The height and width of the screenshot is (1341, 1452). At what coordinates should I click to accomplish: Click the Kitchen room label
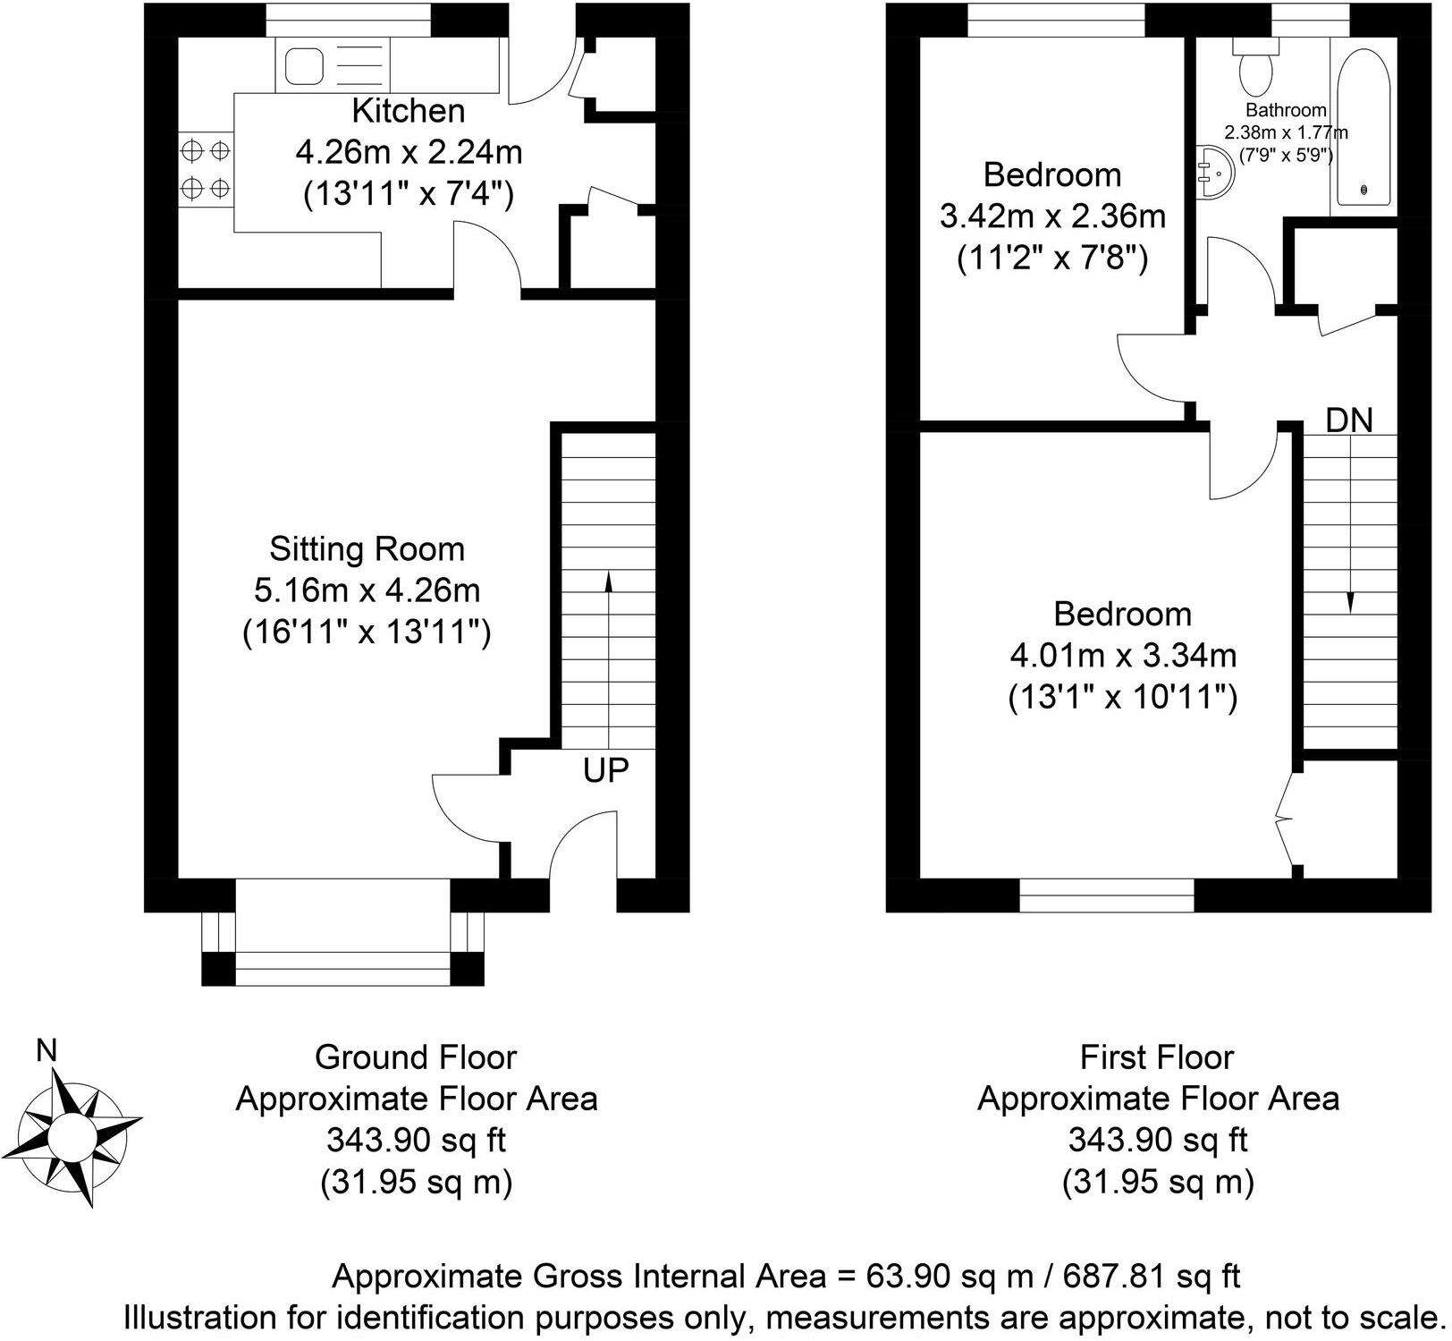tap(409, 111)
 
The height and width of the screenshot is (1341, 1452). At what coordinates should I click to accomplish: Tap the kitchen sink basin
tap(306, 66)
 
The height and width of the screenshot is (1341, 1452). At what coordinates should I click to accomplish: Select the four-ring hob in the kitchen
tap(206, 170)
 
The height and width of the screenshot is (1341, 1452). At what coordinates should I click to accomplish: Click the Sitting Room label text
tap(367, 548)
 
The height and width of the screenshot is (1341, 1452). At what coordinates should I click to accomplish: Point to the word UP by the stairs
tap(606, 770)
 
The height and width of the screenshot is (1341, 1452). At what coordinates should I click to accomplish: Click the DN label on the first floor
tap(1348, 420)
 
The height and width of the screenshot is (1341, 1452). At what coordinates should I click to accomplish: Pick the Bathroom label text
tap(1286, 111)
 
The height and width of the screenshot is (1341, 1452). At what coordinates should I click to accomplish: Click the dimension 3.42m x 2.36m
tap(1052, 216)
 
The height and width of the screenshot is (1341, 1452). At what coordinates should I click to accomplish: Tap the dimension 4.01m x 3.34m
tap(1123, 656)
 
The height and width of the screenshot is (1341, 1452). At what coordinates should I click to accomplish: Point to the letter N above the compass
tap(46, 1050)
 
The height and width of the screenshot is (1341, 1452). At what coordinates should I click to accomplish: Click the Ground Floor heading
tap(416, 1057)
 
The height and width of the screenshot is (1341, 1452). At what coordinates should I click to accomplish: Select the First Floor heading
tap(1157, 1057)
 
